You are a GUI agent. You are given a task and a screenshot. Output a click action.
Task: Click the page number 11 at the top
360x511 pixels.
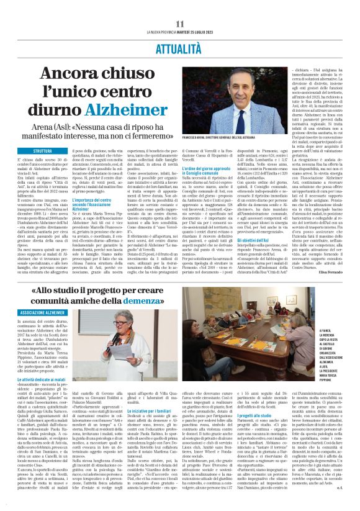pos(180,24)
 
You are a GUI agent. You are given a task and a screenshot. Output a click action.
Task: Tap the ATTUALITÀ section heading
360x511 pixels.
pos(180,47)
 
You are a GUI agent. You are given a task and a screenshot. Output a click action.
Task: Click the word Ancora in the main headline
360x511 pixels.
pos(69,76)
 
